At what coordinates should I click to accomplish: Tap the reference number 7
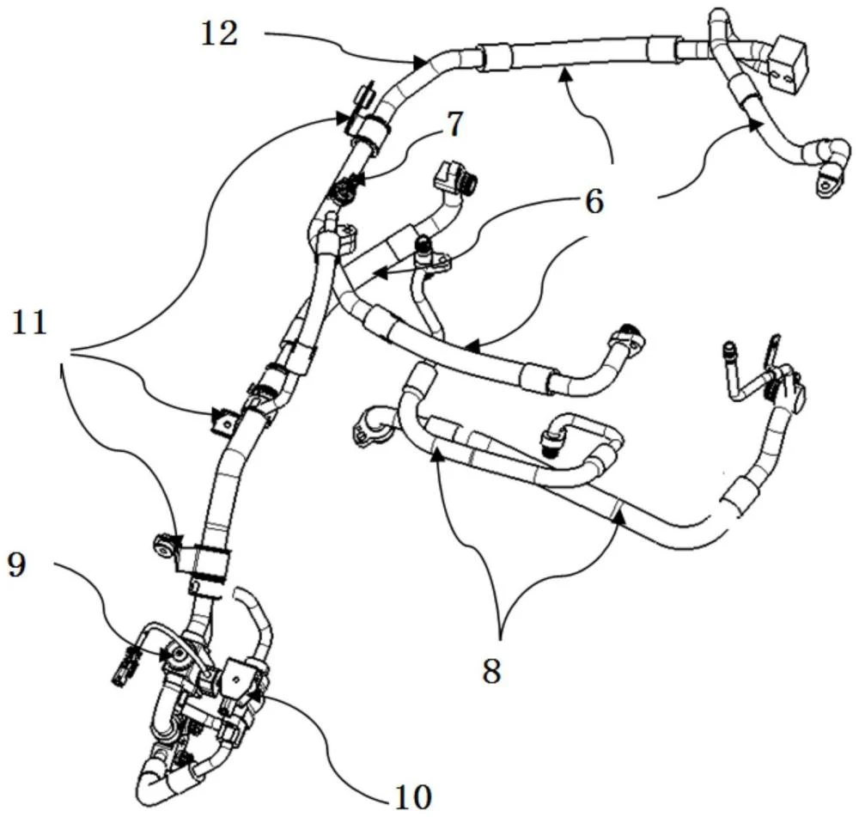click(x=454, y=125)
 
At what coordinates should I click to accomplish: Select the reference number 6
click(x=594, y=202)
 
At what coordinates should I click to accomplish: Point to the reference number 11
click(x=31, y=324)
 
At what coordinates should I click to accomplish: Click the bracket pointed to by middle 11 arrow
click(x=223, y=421)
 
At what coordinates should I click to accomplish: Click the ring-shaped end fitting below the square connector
click(x=828, y=180)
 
